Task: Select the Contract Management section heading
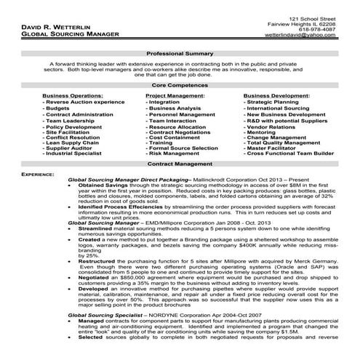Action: click(179, 165)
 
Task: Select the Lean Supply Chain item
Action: click(73, 143)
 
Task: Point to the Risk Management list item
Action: click(172, 153)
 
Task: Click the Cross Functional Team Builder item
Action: click(289, 153)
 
